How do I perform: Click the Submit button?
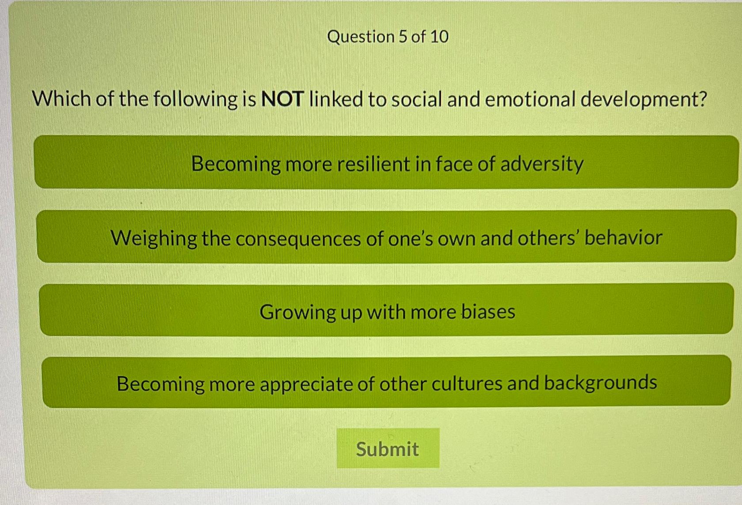(x=388, y=448)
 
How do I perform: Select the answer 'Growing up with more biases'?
(x=386, y=310)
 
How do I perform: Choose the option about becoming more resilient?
(x=386, y=162)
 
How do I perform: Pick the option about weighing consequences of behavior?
(x=386, y=236)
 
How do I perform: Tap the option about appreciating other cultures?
(x=386, y=382)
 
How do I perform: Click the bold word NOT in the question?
(x=282, y=99)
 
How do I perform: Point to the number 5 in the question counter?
(x=403, y=36)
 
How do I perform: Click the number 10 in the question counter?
(x=439, y=36)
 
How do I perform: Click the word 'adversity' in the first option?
(x=542, y=165)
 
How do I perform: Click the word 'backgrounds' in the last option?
(x=600, y=383)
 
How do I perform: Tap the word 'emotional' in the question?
(x=530, y=99)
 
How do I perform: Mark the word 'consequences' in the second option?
(x=298, y=239)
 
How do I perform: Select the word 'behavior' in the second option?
(x=624, y=237)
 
